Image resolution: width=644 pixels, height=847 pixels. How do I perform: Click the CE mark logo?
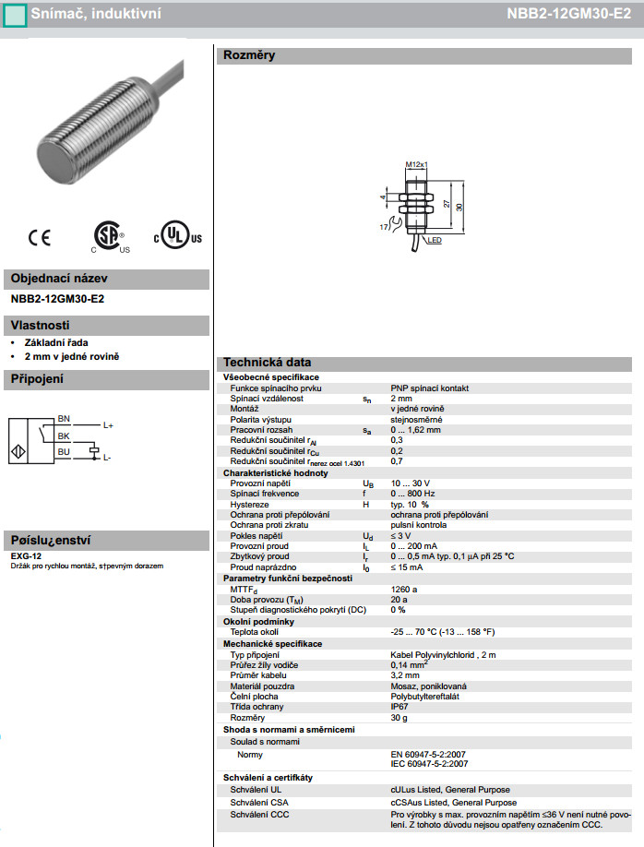(x=40, y=238)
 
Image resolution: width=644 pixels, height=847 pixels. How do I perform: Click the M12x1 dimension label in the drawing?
(x=416, y=165)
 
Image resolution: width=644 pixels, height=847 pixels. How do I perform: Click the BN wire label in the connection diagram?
(x=64, y=418)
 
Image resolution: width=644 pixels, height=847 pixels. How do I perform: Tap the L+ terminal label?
(x=108, y=425)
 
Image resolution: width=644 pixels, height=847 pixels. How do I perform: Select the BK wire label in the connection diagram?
(x=64, y=435)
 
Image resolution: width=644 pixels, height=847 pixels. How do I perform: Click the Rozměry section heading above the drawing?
(x=249, y=55)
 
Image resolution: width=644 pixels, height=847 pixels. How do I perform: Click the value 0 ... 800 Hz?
(x=413, y=494)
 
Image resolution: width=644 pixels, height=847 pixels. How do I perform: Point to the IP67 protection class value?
(x=399, y=707)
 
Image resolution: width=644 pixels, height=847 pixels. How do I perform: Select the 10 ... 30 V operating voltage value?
(x=411, y=483)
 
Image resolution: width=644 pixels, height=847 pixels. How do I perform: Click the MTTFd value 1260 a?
(x=404, y=590)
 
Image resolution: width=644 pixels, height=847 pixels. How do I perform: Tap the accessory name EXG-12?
(x=22, y=557)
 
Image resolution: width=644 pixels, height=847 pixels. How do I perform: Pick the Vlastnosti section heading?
(x=41, y=325)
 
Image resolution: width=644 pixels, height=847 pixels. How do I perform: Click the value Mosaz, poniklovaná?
(x=429, y=686)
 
